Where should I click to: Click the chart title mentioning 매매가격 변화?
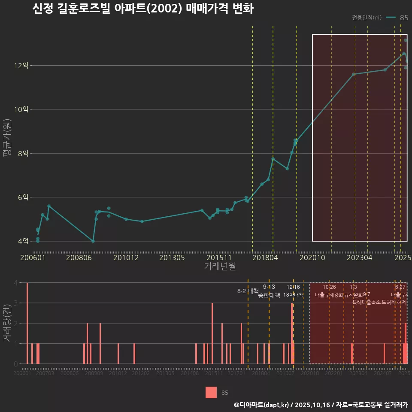pos(143,9)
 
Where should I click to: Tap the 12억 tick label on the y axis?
pos(21,66)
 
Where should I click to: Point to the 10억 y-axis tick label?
pos(21,109)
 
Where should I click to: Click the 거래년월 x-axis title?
pos(220,266)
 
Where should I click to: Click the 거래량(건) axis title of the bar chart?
pos(7,323)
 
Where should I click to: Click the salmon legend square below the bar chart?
pos(211,392)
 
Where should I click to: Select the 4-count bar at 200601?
pos(27,323)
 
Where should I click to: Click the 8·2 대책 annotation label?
pos(245,291)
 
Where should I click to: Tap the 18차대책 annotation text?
pos(293,295)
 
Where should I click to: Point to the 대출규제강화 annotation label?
pos(329,295)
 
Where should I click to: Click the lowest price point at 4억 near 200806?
pos(93,241)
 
